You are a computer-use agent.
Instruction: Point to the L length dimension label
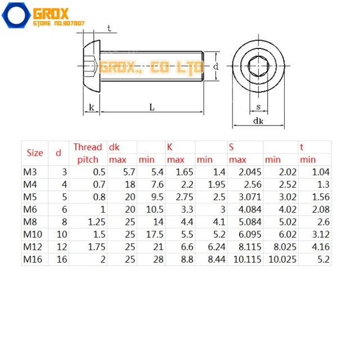152,107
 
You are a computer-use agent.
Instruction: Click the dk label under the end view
258,120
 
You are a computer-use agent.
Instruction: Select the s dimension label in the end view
258,106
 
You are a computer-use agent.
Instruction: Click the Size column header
35,153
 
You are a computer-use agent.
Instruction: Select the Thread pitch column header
88,153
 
